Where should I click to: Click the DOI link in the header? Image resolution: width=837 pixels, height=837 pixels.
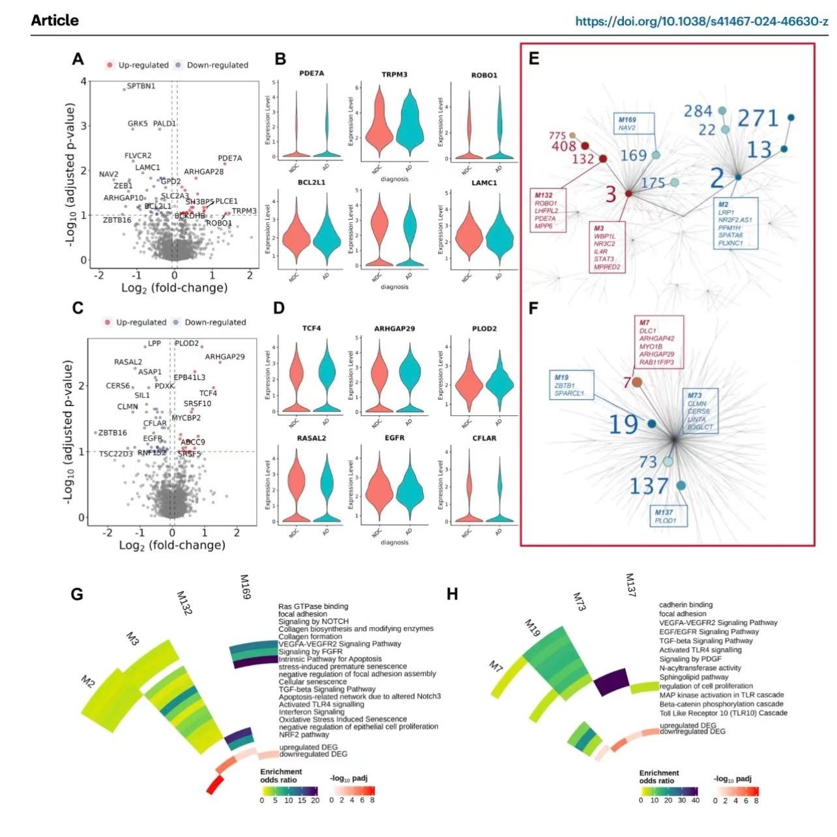701,21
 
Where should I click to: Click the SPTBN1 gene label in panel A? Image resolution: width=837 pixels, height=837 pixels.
141,86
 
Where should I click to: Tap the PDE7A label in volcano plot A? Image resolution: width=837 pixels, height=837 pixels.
229,158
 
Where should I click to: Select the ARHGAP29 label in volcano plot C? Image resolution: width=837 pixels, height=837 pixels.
225,357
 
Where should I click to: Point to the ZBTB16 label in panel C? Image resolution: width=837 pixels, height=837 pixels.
112,433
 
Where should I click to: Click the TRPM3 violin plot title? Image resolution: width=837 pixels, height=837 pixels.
394,75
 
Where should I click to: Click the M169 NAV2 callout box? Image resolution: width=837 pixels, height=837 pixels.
634,124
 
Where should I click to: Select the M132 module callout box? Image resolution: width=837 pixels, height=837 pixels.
548,211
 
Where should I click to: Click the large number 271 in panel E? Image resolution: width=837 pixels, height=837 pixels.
758,119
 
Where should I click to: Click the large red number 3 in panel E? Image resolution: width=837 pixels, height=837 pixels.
611,194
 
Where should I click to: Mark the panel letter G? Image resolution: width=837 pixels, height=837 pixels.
77,595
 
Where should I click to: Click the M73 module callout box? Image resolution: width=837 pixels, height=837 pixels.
700,411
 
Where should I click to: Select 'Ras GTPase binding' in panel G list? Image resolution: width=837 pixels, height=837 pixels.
314,606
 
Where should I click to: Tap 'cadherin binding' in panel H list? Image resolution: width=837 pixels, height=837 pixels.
686,605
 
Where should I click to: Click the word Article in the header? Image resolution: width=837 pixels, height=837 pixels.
55,21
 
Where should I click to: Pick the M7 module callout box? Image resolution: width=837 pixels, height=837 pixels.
658,342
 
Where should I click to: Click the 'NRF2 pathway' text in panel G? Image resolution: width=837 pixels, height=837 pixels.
304,735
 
